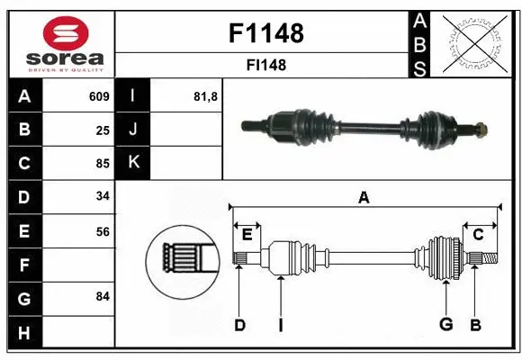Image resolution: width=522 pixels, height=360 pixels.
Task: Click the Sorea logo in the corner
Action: [x=61, y=43]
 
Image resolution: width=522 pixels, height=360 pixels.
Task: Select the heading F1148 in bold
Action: [x=266, y=34]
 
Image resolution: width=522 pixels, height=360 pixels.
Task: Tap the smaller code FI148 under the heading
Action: [x=266, y=65]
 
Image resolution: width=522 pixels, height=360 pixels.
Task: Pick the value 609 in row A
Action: [x=99, y=96]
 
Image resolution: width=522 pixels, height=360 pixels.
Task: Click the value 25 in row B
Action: [x=103, y=130]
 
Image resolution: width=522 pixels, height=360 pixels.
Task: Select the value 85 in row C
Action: [x=103, y=164]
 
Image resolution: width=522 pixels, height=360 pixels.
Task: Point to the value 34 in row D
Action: [x=103, y=197]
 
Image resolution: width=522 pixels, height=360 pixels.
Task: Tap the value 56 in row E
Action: [x=103, y=231]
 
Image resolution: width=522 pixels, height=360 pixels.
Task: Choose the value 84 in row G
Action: [x=103, y=296]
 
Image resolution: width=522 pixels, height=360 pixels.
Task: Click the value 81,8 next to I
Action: [x=206, y=96]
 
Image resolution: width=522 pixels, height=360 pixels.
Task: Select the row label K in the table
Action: [x=133, y=164]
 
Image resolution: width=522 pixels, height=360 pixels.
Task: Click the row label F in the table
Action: [x=23, y=265]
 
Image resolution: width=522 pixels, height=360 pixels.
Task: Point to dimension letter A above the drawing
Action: [x=364, y=198]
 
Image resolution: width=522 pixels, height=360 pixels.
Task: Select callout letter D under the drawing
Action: [x=239, y=325]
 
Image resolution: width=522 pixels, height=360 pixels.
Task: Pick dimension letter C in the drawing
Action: [x=478, y=235]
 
